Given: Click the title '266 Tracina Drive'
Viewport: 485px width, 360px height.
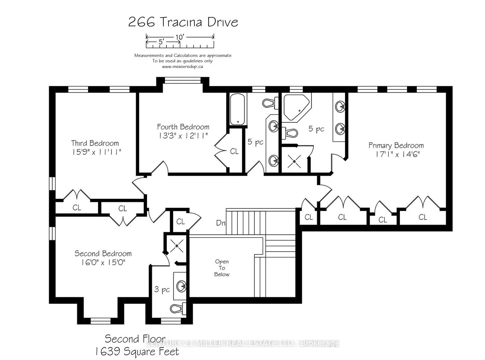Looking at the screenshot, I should click(x=183, y=22).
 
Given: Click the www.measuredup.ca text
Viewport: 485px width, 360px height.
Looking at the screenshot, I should click(x=182, y=66).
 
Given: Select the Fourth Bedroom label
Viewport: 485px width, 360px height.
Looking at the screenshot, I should click(x=183, y=127).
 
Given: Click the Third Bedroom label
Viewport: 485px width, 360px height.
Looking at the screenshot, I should click(x=95, y=143).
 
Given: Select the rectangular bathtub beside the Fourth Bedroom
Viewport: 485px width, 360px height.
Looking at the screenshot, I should click(x=237, y=109).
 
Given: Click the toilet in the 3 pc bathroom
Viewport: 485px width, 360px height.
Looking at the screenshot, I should click(x=178, y=308).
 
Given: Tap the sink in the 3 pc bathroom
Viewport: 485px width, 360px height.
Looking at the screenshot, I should click(x=182, y=286).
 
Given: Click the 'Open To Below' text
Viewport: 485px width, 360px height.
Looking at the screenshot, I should click(x=222, y=268).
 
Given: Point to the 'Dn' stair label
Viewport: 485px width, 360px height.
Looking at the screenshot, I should click(x=221, y=223).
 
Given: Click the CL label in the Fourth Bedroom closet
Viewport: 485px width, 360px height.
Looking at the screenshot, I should click(x=234, y=151).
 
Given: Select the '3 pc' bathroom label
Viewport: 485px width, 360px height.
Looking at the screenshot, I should click(x=162, y=289).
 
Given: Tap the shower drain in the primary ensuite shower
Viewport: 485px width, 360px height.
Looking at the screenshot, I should click(x=294, y=161).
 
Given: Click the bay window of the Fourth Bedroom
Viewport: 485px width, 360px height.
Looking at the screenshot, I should click(x=182, y=79).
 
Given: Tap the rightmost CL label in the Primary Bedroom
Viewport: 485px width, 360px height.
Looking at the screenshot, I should click(x=423, y=217).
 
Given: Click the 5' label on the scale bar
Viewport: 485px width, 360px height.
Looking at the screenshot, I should click(x=161, y=42).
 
